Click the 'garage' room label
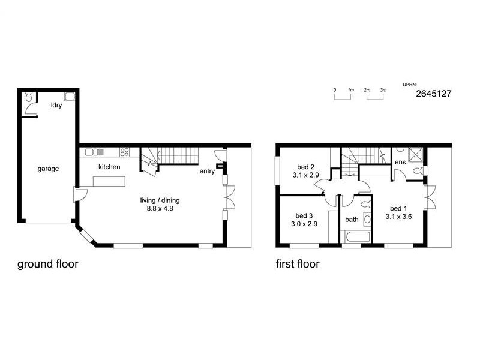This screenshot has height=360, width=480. pyautogui.click(x=48, y=169)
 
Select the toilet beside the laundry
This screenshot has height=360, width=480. pyautogui.click(x=28, y=97)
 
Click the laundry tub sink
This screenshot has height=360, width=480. pyautogui.click(x=70, y=95)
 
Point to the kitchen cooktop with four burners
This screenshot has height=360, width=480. pyautogui.click(x=125, y=152)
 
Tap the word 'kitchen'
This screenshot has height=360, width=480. pyautogui.click(x=109, y=167)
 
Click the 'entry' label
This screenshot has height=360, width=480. pyautogui.click(x=207, y=171)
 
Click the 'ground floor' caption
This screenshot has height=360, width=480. pyautogui.click(x=47, y=263)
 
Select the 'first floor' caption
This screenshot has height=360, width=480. pyautogui.click(x=297, y=263)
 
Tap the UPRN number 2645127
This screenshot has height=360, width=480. pyautogui.click(x=433, y=94)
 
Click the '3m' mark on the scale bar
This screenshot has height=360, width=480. pyautogui.click(x=383, y=89)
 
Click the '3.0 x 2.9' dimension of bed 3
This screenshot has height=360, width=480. pyautogui.click(x=305, y=224)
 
